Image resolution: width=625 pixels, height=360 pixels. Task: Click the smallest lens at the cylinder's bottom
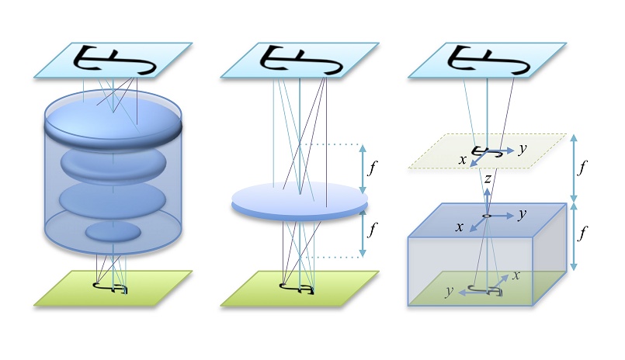pos(113,231)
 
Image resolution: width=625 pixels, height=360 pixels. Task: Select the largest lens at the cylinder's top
pos(113,116)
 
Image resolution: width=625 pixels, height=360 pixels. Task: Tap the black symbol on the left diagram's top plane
pos(113,61)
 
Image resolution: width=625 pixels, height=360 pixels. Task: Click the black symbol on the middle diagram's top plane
pos(300,61)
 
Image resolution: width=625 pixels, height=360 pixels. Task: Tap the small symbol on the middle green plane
pos(300,289)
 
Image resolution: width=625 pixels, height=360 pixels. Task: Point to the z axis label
pos(486,179)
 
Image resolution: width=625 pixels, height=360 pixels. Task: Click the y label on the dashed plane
pos(523,147)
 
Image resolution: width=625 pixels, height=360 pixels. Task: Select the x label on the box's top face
pos(460,227)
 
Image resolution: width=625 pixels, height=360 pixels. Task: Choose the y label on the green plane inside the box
pos(449,292)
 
